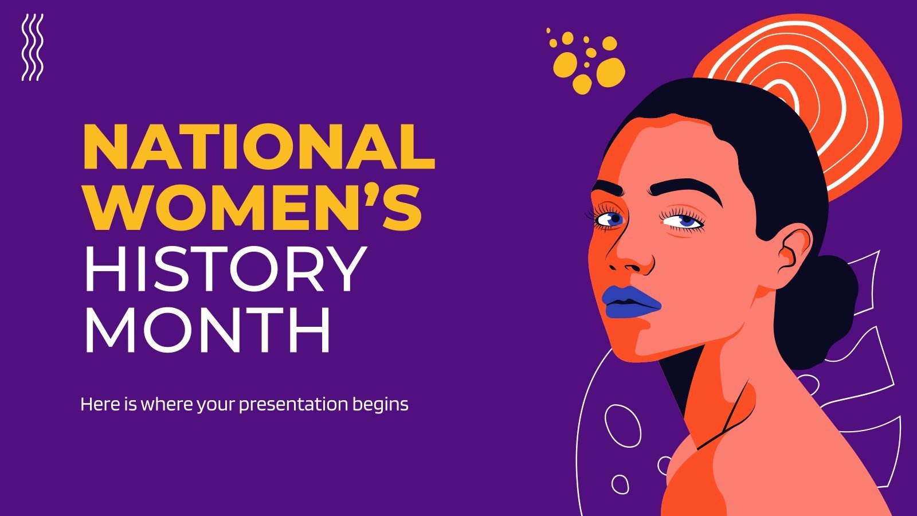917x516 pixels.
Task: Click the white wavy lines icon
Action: pyautogui.click(x=32, y=47)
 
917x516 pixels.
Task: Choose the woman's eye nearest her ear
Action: pyautogui.click(x=685, y=221)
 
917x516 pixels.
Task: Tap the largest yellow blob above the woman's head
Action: pyautogui.click(x=610, y=72)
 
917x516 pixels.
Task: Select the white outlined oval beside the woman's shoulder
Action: pyautogui.click(x=622, y=425)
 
